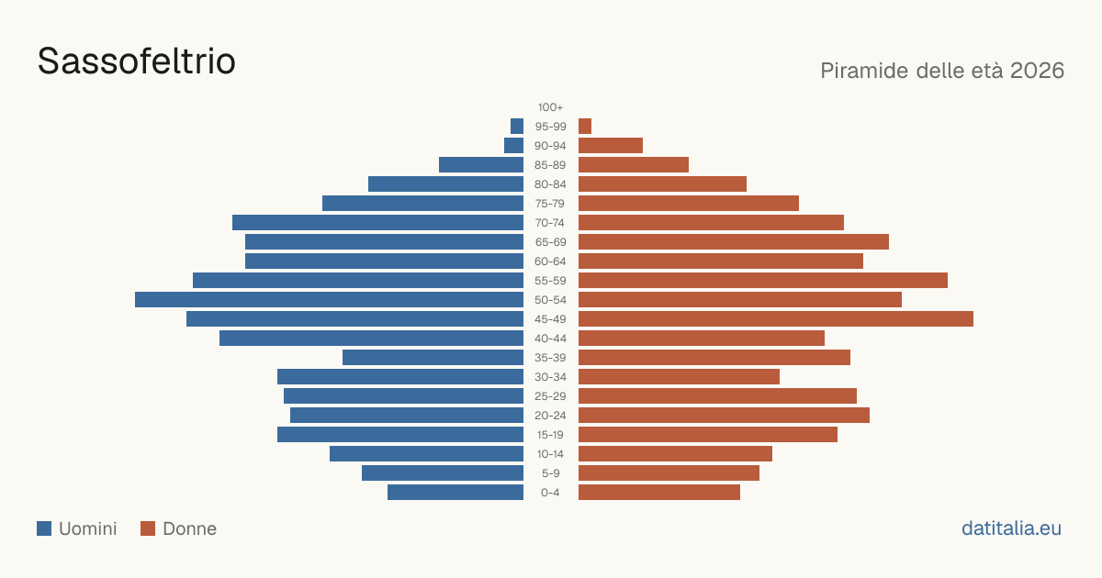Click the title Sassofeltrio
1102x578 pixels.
(x=136, y=61)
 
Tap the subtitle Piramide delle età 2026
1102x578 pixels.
(x=942, y=71)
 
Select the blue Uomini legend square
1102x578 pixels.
(x=44, y=528)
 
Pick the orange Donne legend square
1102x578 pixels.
(x=148, y=528)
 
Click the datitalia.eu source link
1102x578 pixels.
(x=1011, y=528)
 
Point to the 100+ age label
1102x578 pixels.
(x=550, y=107)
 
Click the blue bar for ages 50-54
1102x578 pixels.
(x=329, y=300)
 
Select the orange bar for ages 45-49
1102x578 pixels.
(x=776, y=319)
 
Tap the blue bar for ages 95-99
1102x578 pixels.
(x=517, y=127)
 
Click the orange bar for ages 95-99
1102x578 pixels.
(x=585, y=127)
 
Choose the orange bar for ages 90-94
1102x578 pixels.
(x=611, y=146)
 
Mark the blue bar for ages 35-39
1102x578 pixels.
(x=433, y=357)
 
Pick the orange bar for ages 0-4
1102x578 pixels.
(x=659, y=493)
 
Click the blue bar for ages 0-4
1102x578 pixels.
(x=455, y=493)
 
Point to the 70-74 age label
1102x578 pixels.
(x=550, y=223)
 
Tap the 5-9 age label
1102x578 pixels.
(x=550, y=473)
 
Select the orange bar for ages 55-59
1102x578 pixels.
(x=763, y=281)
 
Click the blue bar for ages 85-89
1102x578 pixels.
(x=481, y=164)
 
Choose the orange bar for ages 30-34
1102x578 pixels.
(x=679, y=377)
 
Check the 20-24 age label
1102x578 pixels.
(x=550, y=416)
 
